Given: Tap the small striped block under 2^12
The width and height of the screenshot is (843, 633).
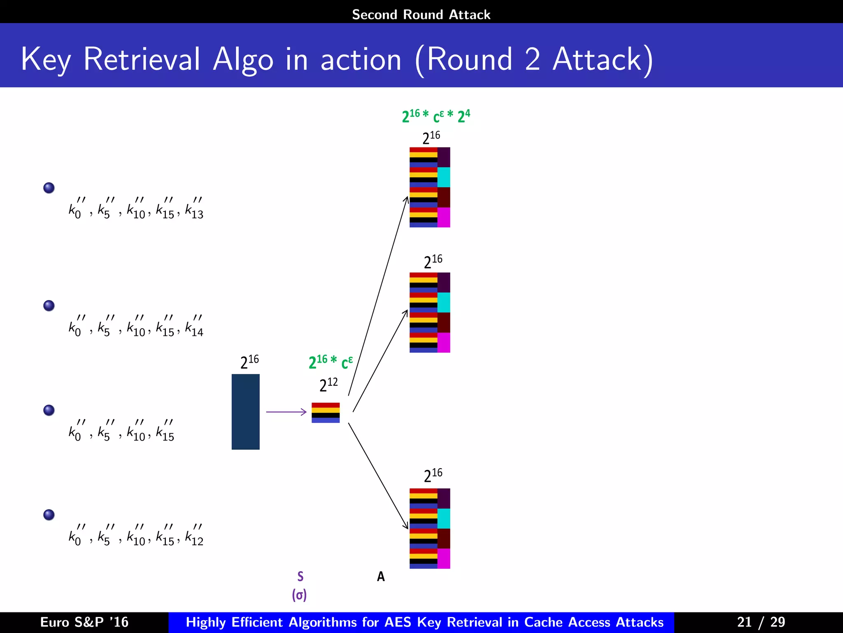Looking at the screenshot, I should point(325,413).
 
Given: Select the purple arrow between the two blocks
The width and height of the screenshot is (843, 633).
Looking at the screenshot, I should point(286,412).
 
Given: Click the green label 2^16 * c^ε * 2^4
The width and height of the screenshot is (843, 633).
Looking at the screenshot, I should point(435,116).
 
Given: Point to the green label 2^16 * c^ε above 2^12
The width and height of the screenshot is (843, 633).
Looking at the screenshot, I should point(331,362).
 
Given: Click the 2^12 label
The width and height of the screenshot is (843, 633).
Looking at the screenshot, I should point(328,384).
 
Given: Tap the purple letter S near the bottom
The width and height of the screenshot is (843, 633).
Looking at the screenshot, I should point(300,576).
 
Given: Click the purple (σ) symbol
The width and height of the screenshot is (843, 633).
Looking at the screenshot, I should point(299,595).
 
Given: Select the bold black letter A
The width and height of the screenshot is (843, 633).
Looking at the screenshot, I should point(381,576).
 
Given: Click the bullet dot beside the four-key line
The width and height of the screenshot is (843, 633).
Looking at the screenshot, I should point(49,410).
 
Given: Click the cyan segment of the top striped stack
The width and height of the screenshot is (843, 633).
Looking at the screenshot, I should point(443,177).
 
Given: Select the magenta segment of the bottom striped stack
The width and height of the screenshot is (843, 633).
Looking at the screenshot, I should point(443,558).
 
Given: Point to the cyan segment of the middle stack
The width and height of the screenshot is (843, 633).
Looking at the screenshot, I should point(443,302).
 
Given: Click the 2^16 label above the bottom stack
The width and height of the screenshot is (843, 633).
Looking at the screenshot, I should point(433,475).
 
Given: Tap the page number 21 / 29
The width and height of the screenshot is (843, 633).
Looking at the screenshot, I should point(761,622).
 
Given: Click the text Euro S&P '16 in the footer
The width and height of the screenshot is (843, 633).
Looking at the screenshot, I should point(84,622).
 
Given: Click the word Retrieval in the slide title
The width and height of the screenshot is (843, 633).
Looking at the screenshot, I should point(142,59).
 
